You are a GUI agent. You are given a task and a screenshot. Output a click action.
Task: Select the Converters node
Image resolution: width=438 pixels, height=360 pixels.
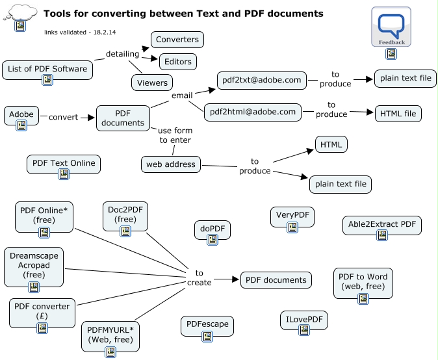177,40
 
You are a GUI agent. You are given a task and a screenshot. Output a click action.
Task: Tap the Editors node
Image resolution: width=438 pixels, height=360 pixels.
178,62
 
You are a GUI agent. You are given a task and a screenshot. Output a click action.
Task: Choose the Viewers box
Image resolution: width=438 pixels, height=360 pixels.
152,83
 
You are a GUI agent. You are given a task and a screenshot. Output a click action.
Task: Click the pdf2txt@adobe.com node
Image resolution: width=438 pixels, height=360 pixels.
261,80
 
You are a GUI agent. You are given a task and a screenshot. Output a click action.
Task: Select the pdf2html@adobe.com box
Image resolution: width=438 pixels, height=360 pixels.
253,112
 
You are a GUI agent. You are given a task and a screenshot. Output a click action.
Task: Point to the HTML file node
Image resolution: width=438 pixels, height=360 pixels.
398,114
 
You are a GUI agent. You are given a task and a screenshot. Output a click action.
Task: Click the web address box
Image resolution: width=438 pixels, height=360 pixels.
170,164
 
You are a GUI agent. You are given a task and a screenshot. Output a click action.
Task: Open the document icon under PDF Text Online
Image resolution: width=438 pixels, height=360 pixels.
64,174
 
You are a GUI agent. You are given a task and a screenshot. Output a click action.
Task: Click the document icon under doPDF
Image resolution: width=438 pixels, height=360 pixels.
213,240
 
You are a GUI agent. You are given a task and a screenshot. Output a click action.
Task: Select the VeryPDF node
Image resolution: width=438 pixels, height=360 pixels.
292,216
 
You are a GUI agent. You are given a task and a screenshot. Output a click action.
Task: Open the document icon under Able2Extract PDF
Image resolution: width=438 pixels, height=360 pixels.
382,235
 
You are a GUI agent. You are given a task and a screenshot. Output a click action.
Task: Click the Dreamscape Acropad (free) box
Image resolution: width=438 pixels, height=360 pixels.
34,265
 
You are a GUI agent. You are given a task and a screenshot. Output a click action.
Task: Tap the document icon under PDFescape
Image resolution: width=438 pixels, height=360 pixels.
208,336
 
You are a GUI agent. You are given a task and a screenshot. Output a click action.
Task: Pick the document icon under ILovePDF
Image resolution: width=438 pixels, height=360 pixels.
303,331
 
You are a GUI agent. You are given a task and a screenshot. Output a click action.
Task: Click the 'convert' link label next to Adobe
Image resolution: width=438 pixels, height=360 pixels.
63,118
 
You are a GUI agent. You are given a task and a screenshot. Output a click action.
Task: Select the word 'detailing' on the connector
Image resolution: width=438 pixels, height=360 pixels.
122,53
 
